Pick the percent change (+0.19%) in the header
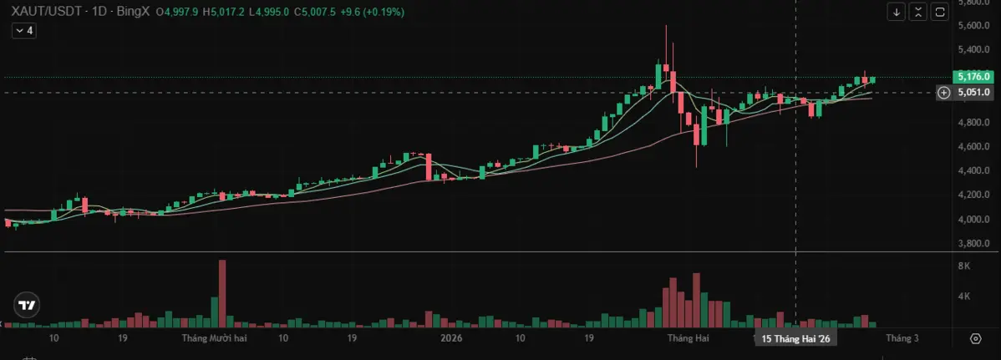384,12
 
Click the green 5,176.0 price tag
974,77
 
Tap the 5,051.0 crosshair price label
974,93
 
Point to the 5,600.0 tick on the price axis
974,26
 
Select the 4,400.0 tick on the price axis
974,171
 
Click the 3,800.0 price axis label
974,244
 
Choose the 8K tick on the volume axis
963,266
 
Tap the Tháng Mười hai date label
214,338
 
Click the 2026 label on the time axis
451,338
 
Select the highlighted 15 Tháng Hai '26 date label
795,338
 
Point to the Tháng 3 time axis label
902,338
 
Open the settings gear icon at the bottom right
975,338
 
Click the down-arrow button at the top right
897,12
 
